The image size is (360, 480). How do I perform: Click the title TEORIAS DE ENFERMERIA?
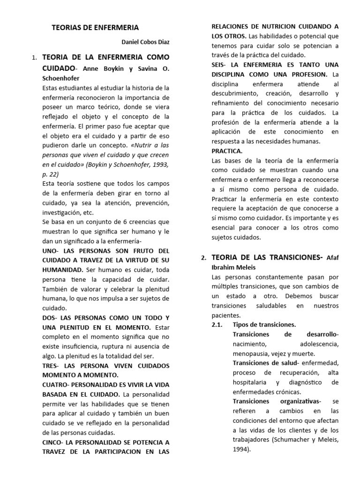(x=95, y=28)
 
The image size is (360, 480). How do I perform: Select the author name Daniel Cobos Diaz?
(x=145, y=43)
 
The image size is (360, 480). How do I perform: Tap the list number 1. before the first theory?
(x=34, y=58)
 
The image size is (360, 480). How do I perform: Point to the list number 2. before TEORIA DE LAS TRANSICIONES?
(x=203, y=258)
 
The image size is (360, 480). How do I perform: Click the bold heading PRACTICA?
(x=227, y=150)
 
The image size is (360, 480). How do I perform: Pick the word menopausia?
(x=251, y=353)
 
